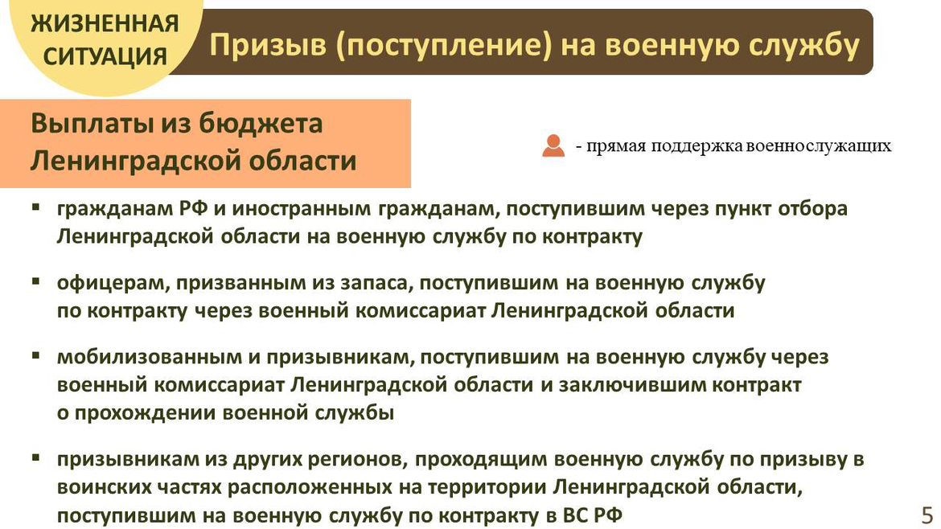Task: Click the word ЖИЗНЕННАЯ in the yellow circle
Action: [105, 24]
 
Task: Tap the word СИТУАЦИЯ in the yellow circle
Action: [105, 57]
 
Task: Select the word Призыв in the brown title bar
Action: [268, 45]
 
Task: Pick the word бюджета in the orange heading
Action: [261, 124]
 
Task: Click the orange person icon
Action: [553, 146]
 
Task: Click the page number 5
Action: [927, 515]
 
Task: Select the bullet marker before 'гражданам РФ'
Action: [36, 207]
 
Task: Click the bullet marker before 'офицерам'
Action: [36, 281]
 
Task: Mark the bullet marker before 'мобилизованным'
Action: [36, 355]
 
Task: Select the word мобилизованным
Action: [149, 357]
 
